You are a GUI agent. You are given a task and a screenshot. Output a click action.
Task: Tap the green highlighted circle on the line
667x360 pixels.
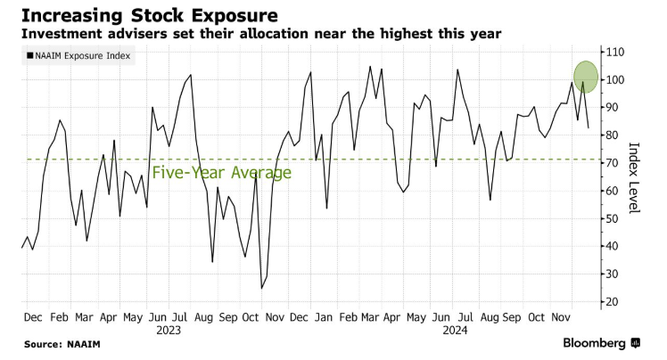pyautogui.click(x=585, y=76)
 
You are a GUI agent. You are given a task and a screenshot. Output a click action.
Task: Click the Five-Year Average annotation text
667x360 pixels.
pyautogui.click(x=222, y=173)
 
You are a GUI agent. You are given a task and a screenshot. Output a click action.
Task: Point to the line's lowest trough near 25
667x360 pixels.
pyautogui.click(x=262, y=288)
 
